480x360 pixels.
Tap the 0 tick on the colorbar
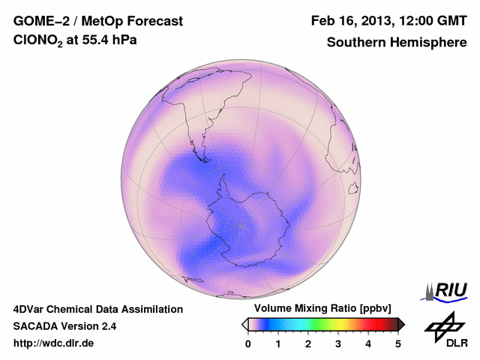pos(248,343)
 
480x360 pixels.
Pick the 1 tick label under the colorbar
pos(278,343)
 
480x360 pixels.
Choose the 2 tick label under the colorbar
pos(308,343)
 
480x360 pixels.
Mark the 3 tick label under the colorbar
pos(338,343)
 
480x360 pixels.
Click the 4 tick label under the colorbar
pos(368,343)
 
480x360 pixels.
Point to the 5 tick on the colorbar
pos(398,343)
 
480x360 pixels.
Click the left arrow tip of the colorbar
pos(244,324)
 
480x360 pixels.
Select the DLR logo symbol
pos(445,326)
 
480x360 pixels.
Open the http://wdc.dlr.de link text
pos(54,343)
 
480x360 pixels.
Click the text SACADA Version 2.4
pos(64,326)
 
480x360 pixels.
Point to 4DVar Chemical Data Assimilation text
pos(98,309)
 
